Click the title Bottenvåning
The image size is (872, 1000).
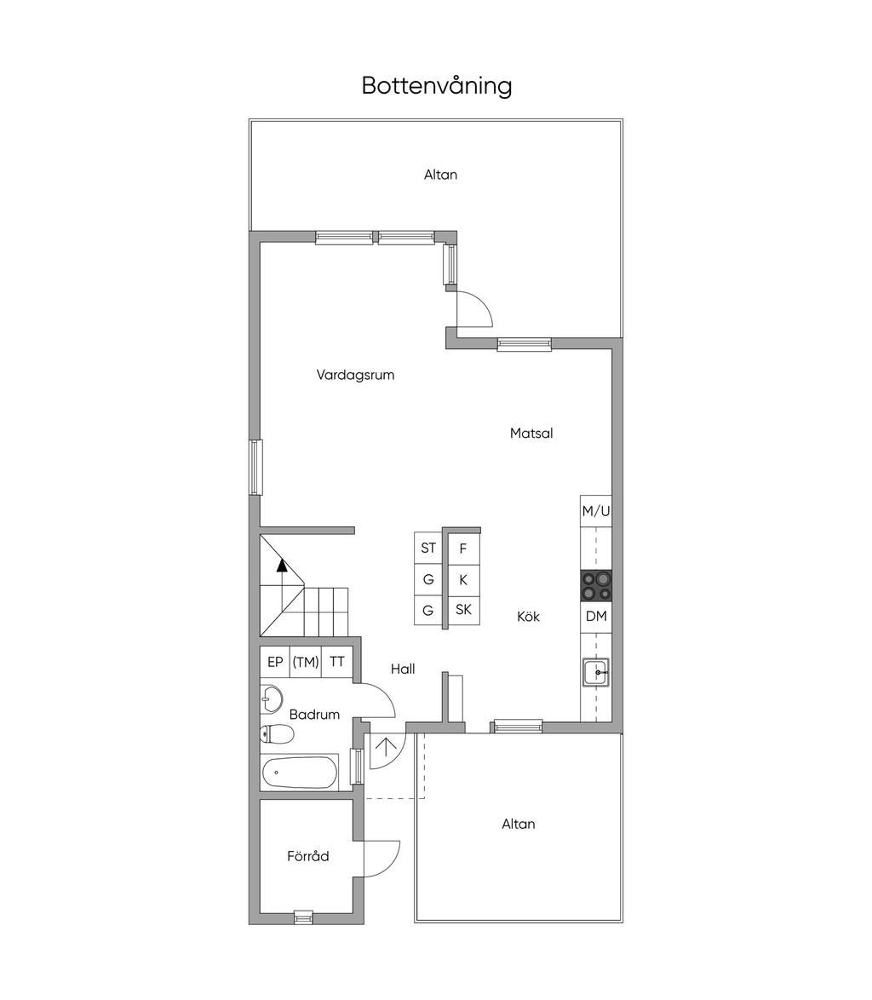click(x=436, y=86)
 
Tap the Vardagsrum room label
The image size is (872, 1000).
click(x=355, y=375)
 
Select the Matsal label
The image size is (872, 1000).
click(x=531, y=434)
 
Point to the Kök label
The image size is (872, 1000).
click(x=528, y=617)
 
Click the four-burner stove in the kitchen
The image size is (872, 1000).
click(x=596, y=586)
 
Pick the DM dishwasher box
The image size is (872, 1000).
click(x=596, y=617)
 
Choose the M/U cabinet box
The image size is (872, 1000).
click(x=596, y=512)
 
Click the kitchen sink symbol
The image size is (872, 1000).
click(x=595, y=673)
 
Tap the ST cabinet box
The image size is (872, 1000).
click(x=428, y=549)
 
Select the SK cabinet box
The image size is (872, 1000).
click(x=463, y=610)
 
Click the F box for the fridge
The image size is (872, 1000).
click(x=463, y=549)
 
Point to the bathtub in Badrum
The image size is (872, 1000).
click(x=300, y=773)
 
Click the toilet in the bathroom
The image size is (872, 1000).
click(x=276, y=733)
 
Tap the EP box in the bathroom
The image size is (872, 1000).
click(x=275, y=663)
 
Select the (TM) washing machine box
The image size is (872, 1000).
click(x=306, y=663)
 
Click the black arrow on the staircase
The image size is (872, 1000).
click(x=281, y=564)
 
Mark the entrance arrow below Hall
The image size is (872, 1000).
click(x=387, y=747)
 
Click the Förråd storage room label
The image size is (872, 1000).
click(x=308, y=857)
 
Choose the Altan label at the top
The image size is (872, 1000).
click(x=440, y=175)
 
